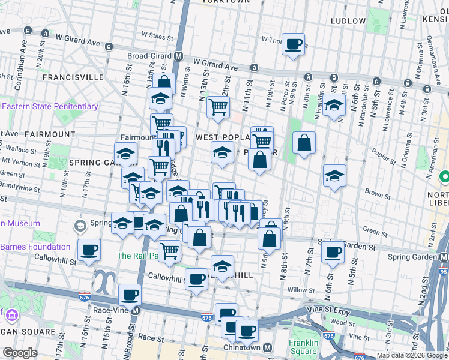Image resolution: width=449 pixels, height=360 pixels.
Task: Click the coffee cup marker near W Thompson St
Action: [293, 44]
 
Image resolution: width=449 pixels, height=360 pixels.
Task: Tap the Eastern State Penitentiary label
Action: [50, 107]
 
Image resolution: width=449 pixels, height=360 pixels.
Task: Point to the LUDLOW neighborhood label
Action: [348, 21]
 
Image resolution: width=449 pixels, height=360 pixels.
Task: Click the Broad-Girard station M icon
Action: [178, 56]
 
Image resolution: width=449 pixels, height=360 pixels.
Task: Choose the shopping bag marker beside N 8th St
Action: [304, 143]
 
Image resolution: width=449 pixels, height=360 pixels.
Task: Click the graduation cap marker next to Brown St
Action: [334, 176]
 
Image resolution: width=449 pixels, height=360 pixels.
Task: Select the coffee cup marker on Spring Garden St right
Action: [332, 252]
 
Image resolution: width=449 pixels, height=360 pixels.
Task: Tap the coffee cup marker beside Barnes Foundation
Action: [89, 250]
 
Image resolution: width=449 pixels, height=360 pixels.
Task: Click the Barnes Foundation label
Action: [35, 247]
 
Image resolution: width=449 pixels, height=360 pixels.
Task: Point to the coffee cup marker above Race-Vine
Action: [130, 295]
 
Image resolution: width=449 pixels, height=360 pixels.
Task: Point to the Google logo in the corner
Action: [20, 353]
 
